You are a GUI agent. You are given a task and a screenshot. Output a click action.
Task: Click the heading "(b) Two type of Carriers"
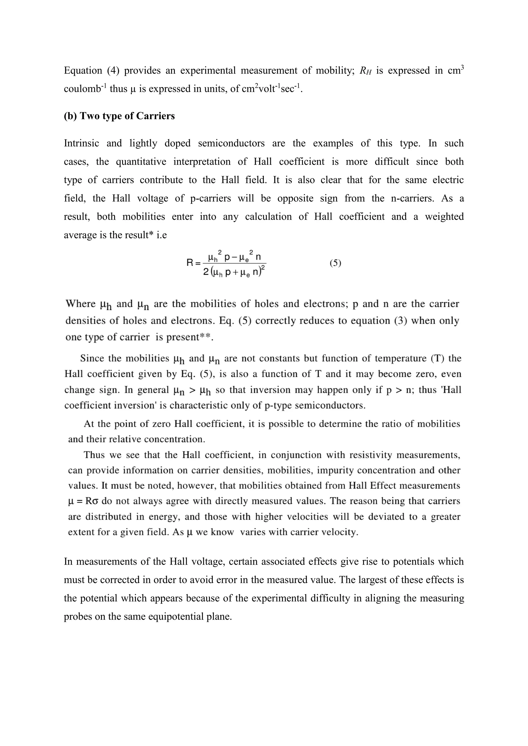click(119, 116)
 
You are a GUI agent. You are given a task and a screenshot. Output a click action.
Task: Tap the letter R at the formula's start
click(190, 263)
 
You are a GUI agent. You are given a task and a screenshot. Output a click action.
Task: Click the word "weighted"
click(444, 217)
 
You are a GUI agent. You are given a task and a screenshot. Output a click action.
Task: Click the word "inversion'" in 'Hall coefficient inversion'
click(149, 406)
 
